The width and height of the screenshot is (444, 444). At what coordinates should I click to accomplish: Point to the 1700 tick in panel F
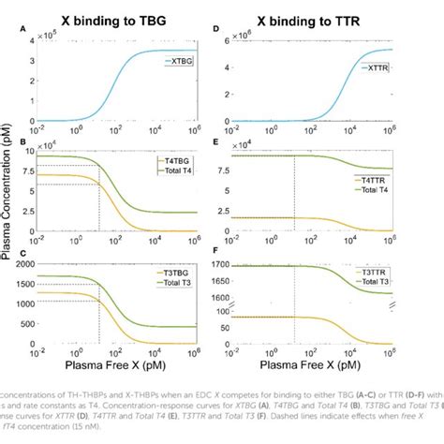click(235, 266)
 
